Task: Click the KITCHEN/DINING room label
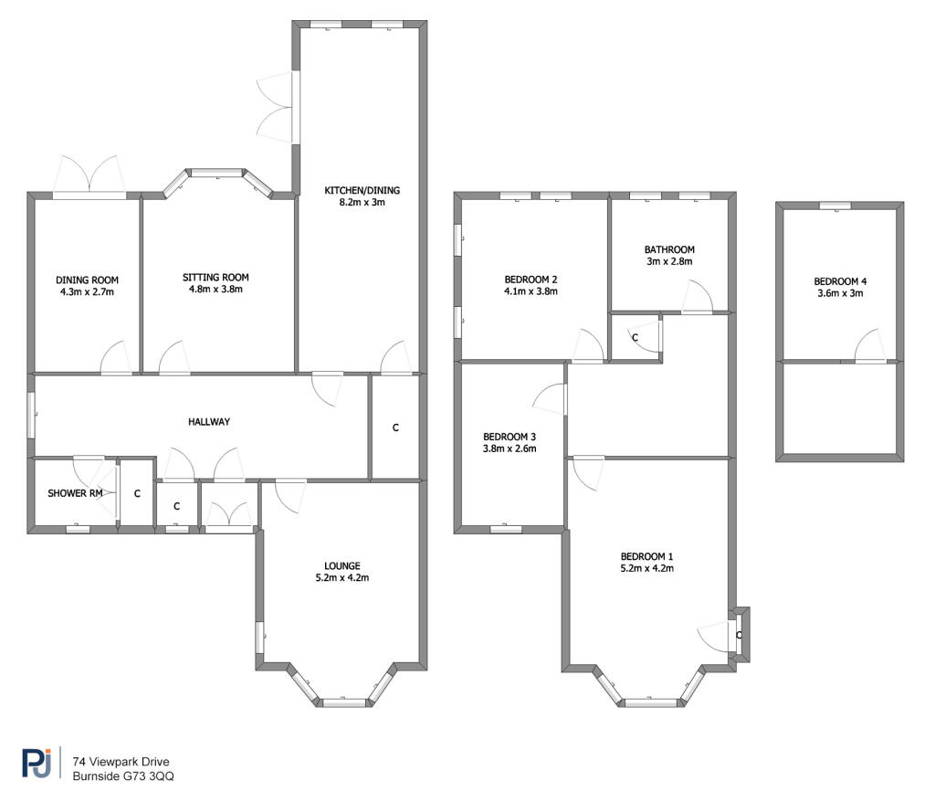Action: pos(362,190)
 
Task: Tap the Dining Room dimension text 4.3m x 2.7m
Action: pos(87,291)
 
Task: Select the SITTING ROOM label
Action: pos(215,277)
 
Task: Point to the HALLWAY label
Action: pos(209,421)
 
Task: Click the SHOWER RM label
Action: pos(75,493)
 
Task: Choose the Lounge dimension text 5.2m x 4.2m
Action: pos(342,577)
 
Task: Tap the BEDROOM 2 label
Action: pos(531,280)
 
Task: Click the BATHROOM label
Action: pos(669,249)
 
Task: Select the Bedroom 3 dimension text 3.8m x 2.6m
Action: pos(510,448)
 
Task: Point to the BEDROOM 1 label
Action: pos(647,556)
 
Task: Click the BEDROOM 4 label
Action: pos(840,281)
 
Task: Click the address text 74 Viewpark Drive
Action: pos(121,762)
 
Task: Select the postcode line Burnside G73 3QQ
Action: pos(123,776)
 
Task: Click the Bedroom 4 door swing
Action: pos(870,345)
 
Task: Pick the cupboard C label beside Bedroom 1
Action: pos(739,635)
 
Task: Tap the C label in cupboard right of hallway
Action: pos(395,427)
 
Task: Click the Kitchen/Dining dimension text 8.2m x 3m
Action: pos(362,202)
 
